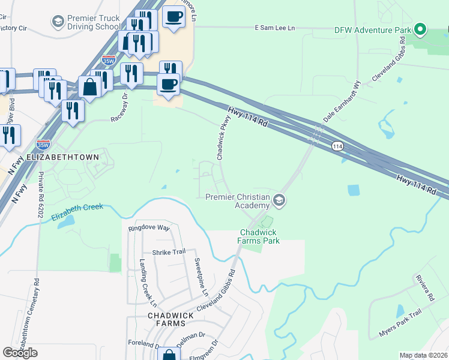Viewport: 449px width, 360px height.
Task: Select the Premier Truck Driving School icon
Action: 58,22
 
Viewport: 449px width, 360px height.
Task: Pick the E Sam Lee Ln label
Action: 275,28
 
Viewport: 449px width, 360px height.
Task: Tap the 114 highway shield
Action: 337,146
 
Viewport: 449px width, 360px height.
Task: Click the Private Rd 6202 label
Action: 41,194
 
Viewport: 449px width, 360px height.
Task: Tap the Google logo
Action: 20,353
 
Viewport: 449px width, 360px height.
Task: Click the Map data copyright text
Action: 423,355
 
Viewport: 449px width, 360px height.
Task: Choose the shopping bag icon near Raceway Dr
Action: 89,87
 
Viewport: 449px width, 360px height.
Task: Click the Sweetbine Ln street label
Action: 200,278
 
